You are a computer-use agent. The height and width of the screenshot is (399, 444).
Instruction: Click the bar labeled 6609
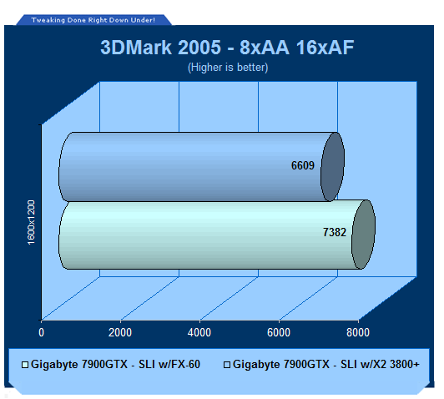click(x=201, y=167)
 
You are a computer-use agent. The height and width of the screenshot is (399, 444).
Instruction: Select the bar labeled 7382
click(x=217, y=235)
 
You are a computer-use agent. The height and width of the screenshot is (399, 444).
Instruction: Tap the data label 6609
click(x=303, y=165)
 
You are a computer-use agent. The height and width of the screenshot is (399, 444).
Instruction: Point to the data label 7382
click(x=335, y=233)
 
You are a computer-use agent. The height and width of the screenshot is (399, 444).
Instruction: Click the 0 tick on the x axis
click(x=42, y=332)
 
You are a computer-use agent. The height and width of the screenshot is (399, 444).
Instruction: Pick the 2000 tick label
click(x=120, y=332)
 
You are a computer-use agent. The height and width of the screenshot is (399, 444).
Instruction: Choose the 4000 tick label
click(x=199, y=332)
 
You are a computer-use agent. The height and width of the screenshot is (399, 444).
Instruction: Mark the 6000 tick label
click(x=279, y=332)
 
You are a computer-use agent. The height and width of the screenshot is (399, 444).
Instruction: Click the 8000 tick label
click(x=358, y=332)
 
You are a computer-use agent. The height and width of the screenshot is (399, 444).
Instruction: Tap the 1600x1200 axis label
click(x=31, y=223)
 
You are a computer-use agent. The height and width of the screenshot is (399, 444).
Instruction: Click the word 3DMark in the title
click(x=136, y=48)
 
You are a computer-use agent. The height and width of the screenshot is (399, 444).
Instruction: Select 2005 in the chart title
click(x=199, y=48)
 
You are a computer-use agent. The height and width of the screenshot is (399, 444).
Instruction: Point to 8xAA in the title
click(x=265, y=48)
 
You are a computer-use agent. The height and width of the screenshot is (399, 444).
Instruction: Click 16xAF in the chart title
click(x=325, y=48)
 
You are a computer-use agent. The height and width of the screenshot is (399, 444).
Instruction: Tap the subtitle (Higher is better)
click(x=228, y=68)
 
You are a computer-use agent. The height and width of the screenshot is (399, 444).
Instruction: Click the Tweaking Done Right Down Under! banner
click(x=93, y=20)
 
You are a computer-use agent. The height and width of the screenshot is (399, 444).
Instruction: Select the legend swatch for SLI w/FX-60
click(x=25, y=365)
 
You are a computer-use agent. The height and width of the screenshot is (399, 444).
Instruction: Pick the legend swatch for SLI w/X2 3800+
click(x=227, y=365)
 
